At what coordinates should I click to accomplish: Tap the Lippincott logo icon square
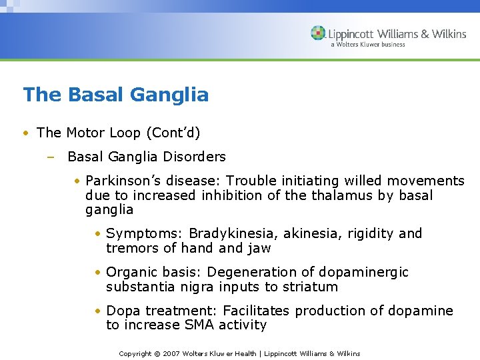tap(319, 33)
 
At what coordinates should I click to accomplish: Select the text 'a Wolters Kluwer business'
tap(367, 45)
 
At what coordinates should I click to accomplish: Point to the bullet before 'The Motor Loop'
tap(25, 133)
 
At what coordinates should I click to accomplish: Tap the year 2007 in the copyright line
tap(172, 353)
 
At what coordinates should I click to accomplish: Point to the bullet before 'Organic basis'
tap(97, 273)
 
